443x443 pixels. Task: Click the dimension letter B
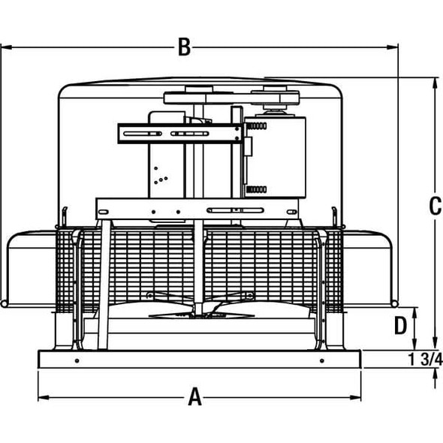coord(183,47)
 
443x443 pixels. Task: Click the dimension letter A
coord(195,396)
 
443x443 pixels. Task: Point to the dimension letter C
coord(435,206)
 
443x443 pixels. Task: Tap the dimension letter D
coord(401,325)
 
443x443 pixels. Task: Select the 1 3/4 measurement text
coord(425,359)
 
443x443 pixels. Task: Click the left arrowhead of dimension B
coord(5,47)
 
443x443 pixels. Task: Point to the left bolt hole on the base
coord(77,361)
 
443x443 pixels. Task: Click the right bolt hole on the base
coord(322,361)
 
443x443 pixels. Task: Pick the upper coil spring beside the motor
coord(256,127)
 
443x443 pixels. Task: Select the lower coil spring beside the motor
coord(256,188)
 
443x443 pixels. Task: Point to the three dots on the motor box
coord(158,177)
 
